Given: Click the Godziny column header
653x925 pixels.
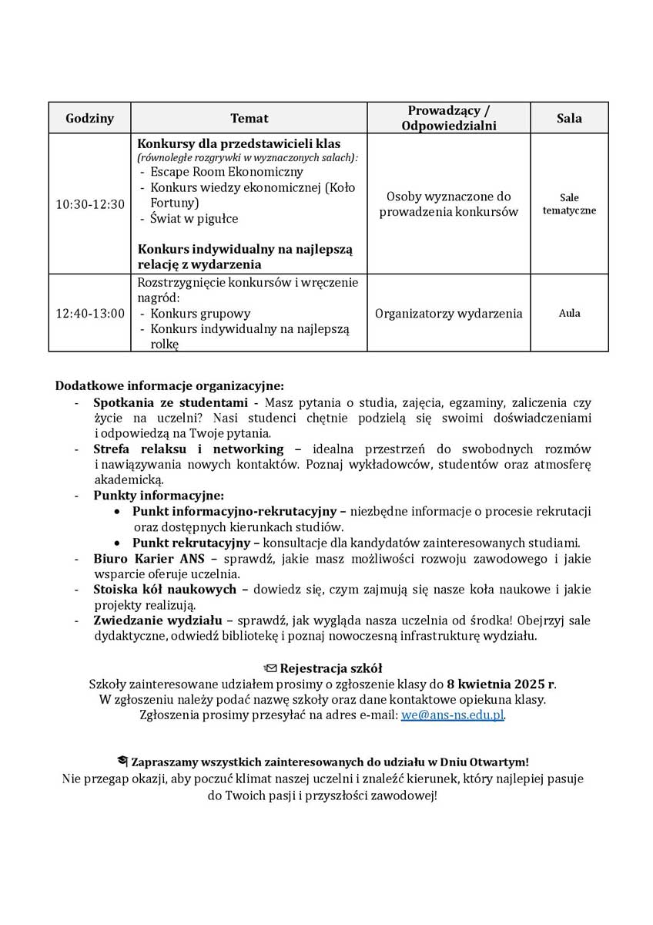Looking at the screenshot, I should pyautogui.click(x=89, y=118).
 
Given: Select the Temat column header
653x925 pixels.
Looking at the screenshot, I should pyautogui.click(x=249, y=118).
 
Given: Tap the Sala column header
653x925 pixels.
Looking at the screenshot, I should pyautogui.click(x=569, y=118).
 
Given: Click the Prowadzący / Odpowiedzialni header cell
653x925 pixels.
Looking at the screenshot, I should pyautogui.click(x=449, y=118).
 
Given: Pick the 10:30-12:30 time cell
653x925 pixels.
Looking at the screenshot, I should pyautogui.click(x=89, y=204).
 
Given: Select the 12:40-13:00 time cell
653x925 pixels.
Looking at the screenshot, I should pyautogui.click(x=89, y=313).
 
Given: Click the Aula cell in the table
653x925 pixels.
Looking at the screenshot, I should pyautogui.click(x=569, y=313).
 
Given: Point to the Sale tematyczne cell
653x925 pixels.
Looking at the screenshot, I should pyautogui.click(x=569, y=204).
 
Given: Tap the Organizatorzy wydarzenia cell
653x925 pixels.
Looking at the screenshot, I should pyautogui.click(x=449, y=313).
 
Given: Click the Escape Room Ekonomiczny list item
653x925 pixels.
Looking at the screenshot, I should pyautogui.click(x=226, y=172).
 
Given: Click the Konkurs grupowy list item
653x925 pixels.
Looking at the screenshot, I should pyautogui.click(x=200, y=314).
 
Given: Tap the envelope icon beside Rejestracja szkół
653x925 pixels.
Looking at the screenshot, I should pyautogui.click(x=270, y=668).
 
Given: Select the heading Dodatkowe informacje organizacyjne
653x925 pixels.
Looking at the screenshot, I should pyautogui.click(x=169, y=385).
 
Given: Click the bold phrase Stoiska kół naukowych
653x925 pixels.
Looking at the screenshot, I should pyautogui.click(x=165, y=590).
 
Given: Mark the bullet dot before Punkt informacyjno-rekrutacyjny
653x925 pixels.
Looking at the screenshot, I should pyautogui.click(x=116, y=512).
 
